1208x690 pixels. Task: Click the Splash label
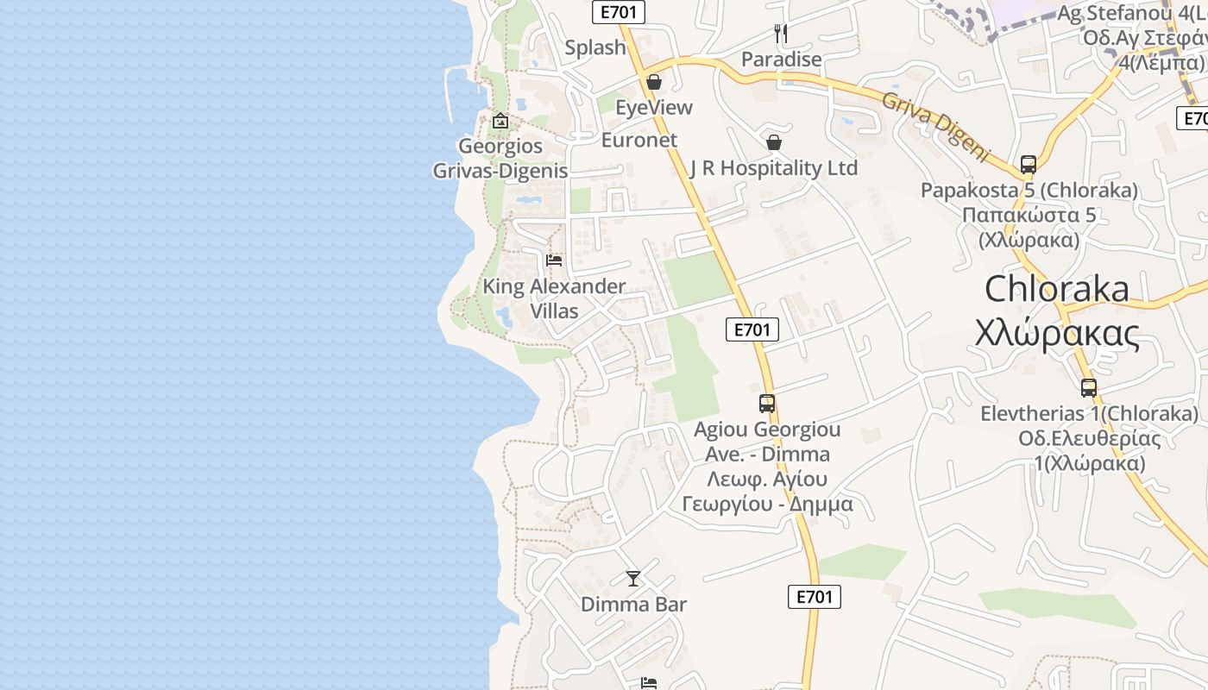tap(595, 47)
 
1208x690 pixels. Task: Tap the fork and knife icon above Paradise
tap(781, 34)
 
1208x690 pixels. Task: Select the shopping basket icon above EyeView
tap(654, 82)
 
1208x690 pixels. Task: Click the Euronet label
tap(639, 140)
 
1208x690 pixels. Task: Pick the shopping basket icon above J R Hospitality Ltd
tap(774, 142)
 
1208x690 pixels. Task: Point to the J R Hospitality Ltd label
tap(774, 167)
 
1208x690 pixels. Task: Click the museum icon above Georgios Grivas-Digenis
tap(500, 121)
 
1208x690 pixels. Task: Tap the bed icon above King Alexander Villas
tap(554, 260)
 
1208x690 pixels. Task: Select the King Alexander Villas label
tap(554, 298)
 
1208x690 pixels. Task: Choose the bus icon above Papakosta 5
tap(1029, 164)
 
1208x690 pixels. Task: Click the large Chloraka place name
tap(1056, 289)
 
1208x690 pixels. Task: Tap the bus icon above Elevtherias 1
tap(1089, 388)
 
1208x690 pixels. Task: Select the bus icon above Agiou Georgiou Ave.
tap(767, 403)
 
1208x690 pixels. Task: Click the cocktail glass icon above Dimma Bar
tap(633, 578)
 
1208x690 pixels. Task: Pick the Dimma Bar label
tap(633, 604)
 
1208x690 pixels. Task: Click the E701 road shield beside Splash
tap(619, 12)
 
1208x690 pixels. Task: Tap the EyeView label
tap(654, 107)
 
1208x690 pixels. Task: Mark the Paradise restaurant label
tap(782, 60)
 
